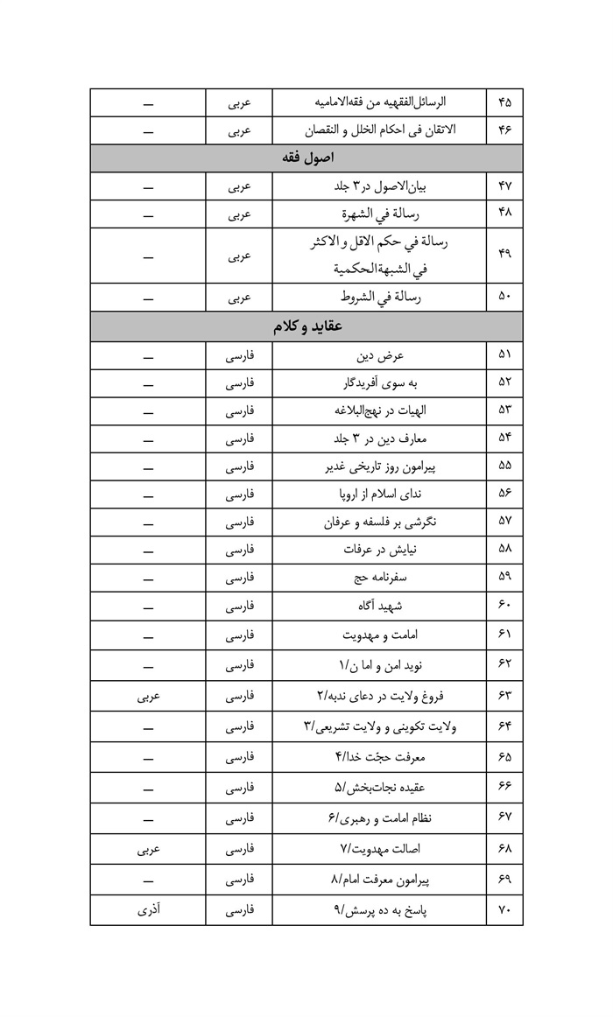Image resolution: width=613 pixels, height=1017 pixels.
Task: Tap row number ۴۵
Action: pyautogui.click(x=504, y=102)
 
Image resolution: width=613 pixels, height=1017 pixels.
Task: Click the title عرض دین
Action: pyautogui.click(x=377, y=355)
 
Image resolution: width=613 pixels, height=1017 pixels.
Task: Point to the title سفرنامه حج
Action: pyautogui.click(x=377, y=578)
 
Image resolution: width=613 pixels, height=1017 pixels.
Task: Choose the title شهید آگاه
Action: pyautogui.click(x=377, y=606)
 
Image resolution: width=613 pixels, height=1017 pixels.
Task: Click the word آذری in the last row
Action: pyautogui.click(x=147, y=910)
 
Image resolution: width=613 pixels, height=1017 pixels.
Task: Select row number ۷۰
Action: pyautogui.click(x=504, y=910)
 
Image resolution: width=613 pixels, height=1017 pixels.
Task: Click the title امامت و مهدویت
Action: pyautogui.click(x=377, y=635)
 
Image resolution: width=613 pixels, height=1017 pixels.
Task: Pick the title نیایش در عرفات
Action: pyautogui.click(x=377, y=550)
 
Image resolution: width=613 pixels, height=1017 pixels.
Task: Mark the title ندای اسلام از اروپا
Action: pyautogui.click(x=377, y=494)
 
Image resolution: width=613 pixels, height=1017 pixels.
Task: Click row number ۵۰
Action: pyautogui.click(x=504, y=298)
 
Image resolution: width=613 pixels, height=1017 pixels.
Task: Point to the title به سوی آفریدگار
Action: pyautogui.click(x=377, y=382)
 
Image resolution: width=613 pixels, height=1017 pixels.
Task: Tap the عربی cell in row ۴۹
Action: pyautogui.click(x=239, y=256)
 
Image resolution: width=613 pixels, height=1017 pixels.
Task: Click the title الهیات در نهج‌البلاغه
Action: pyautogui.click(x=377, y=410)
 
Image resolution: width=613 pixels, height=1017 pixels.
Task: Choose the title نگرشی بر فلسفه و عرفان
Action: pyautogui.click(x=377, y=523)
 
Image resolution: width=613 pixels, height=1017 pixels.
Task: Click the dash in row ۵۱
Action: pyautogui.click(x=147, y=355)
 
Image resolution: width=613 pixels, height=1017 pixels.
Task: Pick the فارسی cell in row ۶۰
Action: pyautogui.click(x=239, y=606)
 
